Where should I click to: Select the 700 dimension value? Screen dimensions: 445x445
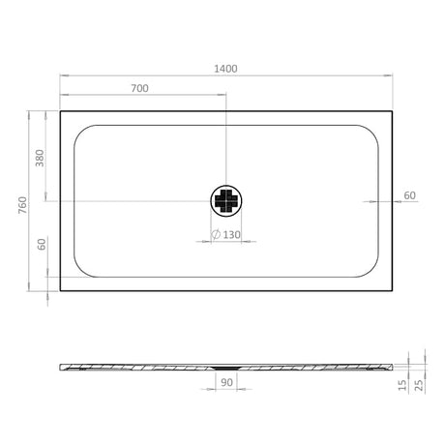(139, 88)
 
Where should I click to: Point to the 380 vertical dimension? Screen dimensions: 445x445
(41, 158)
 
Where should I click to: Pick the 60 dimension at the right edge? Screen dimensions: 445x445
(409, 195)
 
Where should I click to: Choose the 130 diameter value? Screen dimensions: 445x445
(232, 235)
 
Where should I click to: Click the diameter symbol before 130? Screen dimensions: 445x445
(216, 235)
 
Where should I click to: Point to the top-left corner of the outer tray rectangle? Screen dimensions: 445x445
(60, 110)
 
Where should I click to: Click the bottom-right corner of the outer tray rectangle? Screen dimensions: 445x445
(392, 290)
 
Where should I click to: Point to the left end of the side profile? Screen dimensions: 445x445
(61, 366)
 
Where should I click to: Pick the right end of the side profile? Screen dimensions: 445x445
(392, 366)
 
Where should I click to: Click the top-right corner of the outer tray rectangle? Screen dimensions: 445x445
(392, 110)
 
